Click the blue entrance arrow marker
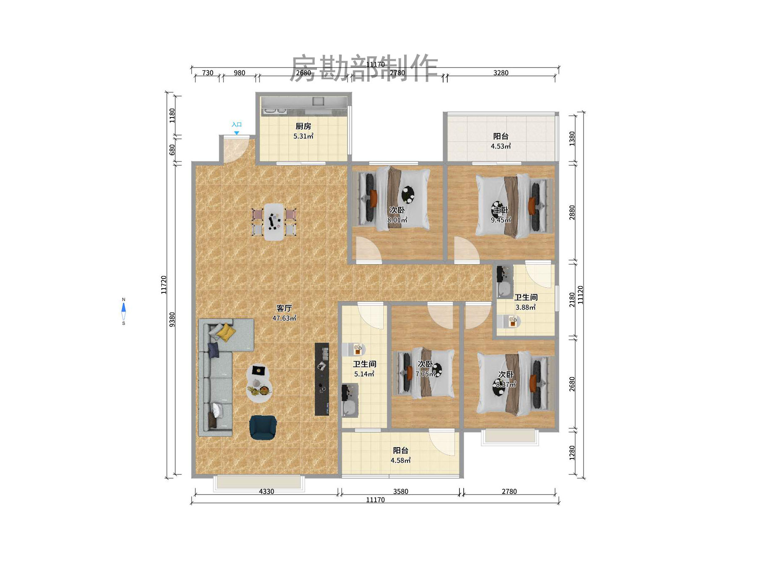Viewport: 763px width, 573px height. tap(236, 133)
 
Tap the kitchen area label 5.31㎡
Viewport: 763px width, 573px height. tap(303, 136)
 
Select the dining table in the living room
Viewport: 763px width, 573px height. tap(274, 222)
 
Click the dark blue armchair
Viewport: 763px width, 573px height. tap(263, 427)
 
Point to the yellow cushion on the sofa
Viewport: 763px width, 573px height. tap(226, 332)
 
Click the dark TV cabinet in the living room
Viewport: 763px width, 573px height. tap(322, 379)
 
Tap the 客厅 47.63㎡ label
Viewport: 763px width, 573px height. tap(284, 313)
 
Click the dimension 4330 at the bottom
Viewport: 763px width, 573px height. tap(266, 491)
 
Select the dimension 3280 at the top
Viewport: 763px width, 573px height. tap(501, 73)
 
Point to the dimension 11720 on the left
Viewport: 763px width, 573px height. tap(164, 284)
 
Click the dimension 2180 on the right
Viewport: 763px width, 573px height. tap(572, 300)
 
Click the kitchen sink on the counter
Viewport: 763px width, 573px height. tap(318, 101)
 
